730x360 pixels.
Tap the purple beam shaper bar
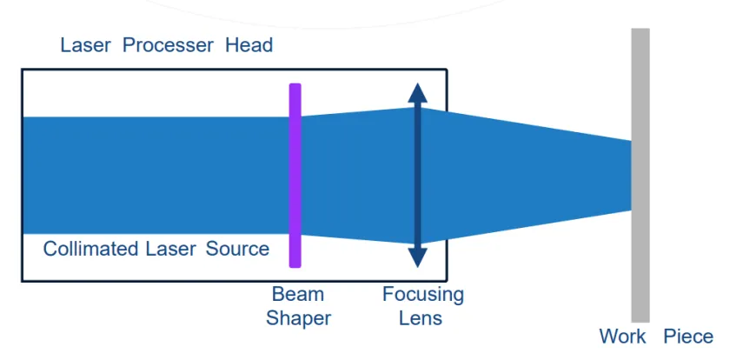pos(295,175)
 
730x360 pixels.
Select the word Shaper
pos(298,318)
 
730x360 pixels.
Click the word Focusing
pos(422,295)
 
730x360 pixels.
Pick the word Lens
pos(421,318)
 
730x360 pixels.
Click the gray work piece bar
pos(640,261)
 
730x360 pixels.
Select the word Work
pos(622,337)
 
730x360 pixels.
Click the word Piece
pos(688,337)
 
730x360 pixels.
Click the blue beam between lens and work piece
pos(521,175)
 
